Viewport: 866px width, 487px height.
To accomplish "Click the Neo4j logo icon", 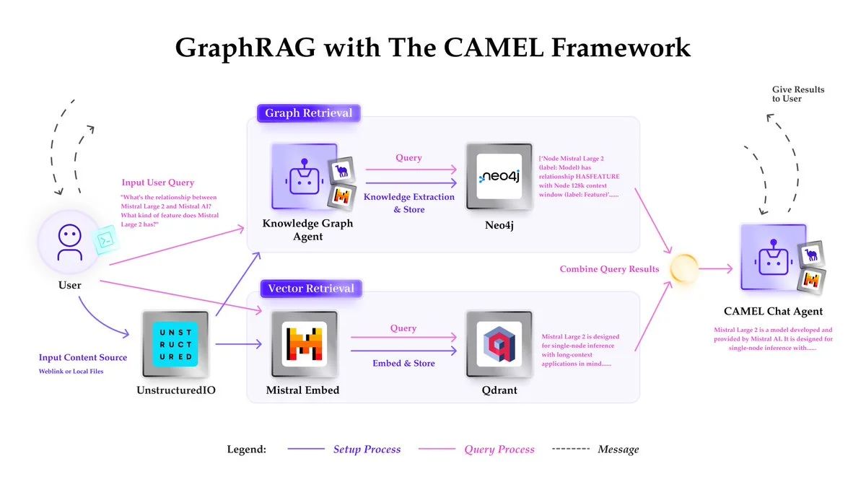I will (x=499, y=177).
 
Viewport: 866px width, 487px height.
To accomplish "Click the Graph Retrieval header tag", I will (x=308, y=113).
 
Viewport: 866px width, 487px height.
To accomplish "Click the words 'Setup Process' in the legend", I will (x=367, y=449).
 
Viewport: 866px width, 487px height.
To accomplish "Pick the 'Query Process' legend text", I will (x=499, y=449).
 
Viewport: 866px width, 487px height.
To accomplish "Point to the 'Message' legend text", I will (x=618, y=449).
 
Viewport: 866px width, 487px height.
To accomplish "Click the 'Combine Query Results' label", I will (x=609, y=269).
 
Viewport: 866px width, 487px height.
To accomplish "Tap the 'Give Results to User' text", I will (x=798, y=94).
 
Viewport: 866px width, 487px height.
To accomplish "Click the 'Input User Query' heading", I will (x=157, y=183).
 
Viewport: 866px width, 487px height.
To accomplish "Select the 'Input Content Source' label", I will (x=83, y=358).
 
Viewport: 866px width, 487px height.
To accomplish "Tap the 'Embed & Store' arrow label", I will (x=403, y=364).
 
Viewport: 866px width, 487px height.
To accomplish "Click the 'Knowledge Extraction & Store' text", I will (x=408, y=203).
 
